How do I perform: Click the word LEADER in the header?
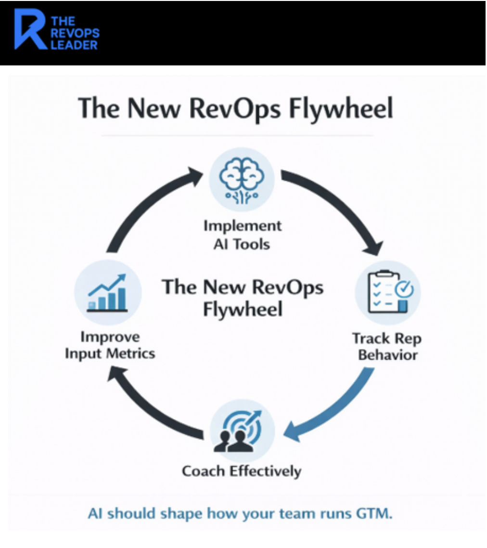tap(74, 46)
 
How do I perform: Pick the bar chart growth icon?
tap(107, 292)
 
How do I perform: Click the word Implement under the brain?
tap(242, 225)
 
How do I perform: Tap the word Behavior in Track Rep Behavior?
tap(388, 356)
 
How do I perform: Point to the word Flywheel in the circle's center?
tap(242, 309)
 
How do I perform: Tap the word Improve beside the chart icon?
tap(110, 336)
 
